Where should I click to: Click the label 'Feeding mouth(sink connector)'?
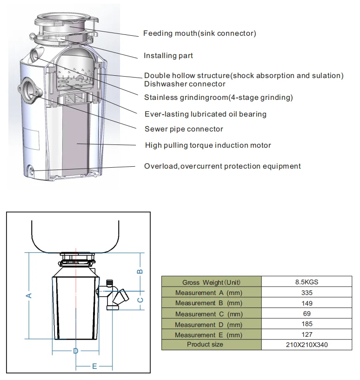[200, 33]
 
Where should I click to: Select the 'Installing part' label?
[168, 55]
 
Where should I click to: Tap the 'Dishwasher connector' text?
[185, 84]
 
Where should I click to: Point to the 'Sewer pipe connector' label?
[184, 129]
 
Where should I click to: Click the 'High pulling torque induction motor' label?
[208, 145]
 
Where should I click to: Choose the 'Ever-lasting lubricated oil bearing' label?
[206, 114]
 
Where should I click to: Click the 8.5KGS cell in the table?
[307, 282]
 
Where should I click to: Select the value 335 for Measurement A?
[307, 293]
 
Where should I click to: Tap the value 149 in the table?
[307, 303]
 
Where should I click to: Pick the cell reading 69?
[307, 314]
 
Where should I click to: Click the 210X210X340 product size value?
[307, 345]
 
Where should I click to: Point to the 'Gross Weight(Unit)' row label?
[211, 282]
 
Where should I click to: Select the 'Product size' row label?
[205, 344]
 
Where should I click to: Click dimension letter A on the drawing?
[29, 295]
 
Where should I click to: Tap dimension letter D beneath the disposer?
[76, 351]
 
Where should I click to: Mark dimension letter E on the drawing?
[94, 366]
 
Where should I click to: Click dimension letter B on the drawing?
[140, 271]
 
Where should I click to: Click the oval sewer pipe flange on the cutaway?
[30, 90]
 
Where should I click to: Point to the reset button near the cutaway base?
[32, 170]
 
